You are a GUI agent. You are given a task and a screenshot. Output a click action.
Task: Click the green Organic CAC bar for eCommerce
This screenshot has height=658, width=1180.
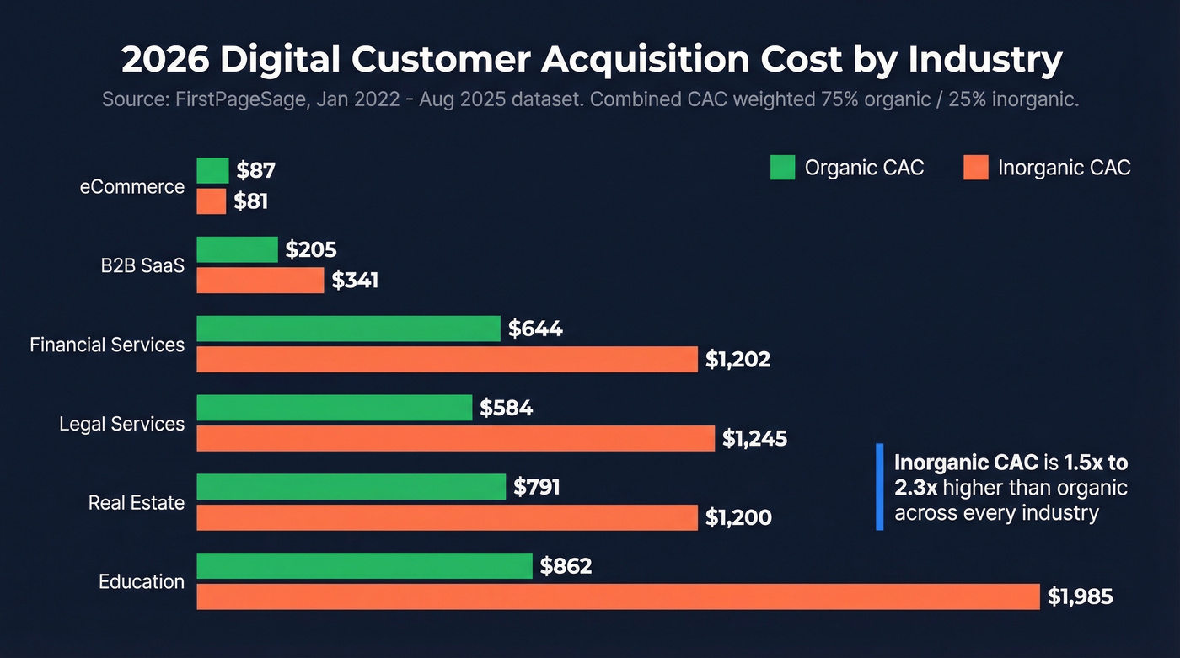tap(212, 171)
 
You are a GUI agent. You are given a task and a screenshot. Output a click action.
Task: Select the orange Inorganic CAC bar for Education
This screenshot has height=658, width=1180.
tap(618, 596)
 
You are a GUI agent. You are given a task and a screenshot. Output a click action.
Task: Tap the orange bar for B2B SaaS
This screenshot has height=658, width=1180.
tap(260, 281)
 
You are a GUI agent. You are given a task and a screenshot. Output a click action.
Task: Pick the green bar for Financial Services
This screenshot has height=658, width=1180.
tap(348, 329)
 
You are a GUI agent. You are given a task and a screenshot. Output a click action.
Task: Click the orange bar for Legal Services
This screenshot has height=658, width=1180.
tap(456, 438)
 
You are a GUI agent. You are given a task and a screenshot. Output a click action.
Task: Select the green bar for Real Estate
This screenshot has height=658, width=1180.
tap(351, 487)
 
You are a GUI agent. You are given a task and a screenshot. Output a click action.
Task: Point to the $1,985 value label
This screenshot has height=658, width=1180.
tap(1080, 597)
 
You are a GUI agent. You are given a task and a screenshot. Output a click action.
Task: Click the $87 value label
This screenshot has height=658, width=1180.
tap(255, 171)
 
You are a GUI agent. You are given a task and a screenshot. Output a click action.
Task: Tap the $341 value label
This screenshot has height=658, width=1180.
tap(355, 281)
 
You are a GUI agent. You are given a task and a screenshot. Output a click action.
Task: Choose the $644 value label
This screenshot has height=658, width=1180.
tap(535, 329)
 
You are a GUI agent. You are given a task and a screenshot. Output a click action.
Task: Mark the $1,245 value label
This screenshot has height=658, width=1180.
tap(754, 438)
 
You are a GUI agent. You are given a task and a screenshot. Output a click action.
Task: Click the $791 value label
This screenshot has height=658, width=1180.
tap(537, 487)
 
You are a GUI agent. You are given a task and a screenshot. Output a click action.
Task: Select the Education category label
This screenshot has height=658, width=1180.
tap(142, 581)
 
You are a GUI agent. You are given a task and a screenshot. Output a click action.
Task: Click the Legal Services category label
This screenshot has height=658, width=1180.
tap(121, 424)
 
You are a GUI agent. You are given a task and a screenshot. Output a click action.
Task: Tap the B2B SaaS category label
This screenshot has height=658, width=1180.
tap(137, 265)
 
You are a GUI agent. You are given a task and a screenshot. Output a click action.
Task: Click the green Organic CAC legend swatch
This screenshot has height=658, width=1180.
tap(782, 168)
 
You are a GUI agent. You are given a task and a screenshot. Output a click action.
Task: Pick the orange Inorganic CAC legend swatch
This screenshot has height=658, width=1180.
tap(975, 168)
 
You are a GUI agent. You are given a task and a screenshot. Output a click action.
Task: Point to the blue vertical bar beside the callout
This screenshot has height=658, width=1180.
tap(879, 487)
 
